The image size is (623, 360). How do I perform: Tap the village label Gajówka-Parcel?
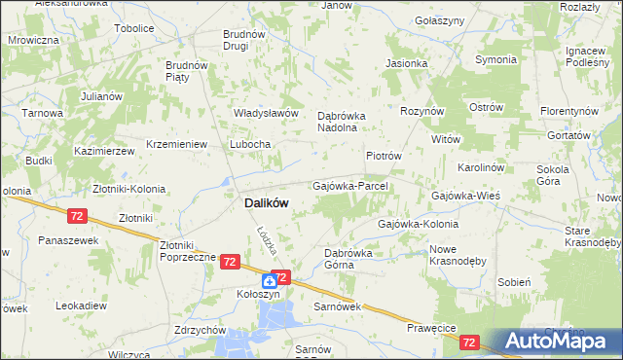pos(350,185)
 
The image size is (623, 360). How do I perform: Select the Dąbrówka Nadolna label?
pos(340,121)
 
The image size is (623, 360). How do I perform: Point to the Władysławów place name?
pos(265,113)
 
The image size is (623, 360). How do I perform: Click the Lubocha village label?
pos(249,144)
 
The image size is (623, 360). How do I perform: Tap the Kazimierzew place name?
pos(103,153)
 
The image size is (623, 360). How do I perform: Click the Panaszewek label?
pos(63,239)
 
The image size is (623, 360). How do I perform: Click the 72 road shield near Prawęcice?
pos(470,342)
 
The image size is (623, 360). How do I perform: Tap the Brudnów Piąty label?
pos(187,71)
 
